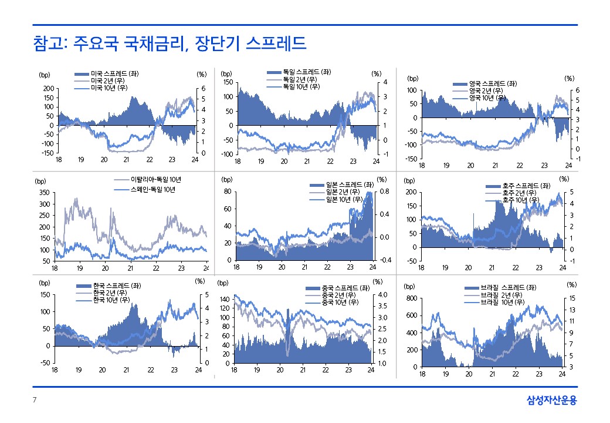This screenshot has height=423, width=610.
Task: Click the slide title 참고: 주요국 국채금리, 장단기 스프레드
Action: pyautogui.click(x=170, y=43)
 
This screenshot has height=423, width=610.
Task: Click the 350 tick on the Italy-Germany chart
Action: pyautogui.click(x=43, y=192)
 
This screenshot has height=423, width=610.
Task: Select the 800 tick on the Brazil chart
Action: pyautogui.click(x=410, y=298)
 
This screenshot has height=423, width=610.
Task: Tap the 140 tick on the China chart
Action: pyautogui.click(x=223, y=299)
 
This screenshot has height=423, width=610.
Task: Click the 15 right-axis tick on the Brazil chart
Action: pyautogui.click(x=572, y=298)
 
